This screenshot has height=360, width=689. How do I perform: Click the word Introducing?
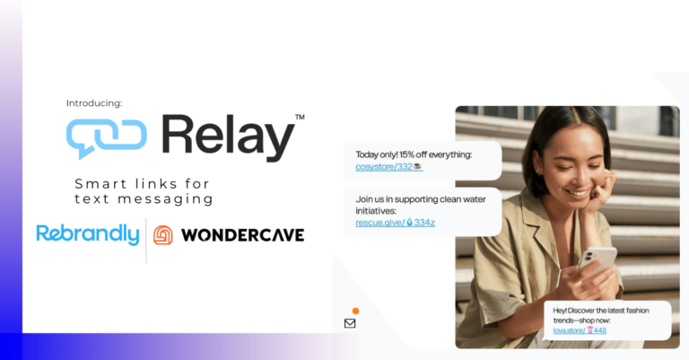tap(94, 103)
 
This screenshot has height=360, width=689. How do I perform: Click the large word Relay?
tap(229, 138)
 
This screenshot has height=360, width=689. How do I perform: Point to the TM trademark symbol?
tap(300, 117)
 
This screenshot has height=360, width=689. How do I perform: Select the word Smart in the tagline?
tap(101, 184)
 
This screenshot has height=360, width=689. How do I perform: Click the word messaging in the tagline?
tap(165, 199)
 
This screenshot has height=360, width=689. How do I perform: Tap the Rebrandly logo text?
tap(88, 233)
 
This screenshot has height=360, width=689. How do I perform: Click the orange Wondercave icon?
tap(163, 235)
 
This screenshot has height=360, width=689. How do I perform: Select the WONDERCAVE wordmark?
tap(242, 235)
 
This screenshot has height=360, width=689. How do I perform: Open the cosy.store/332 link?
tap(388, 167)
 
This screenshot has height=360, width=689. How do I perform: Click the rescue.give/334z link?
tap(395, 223)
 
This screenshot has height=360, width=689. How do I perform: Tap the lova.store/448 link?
tap(580, 330)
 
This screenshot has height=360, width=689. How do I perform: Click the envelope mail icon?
tap(350, 323)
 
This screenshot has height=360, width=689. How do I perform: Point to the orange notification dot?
tap(355, 312)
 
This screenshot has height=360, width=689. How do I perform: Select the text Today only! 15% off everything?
tap(414, 154)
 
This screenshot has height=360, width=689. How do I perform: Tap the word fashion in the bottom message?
tap(637, 311)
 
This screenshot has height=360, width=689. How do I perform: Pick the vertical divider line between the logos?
tap(146, 241)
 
